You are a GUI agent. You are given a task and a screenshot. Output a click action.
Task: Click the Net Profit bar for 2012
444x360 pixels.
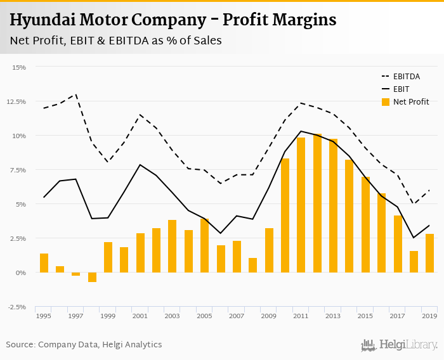pyautogui.click(x=317, y=203)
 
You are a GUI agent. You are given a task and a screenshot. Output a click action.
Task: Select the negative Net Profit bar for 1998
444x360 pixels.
pyautogui.click(x=92, y=277)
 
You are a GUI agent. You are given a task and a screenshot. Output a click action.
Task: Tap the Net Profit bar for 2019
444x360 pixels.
pyautogui.click(x=429, y=253)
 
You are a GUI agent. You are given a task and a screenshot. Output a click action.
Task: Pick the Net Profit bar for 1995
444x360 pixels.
pyautogui.click(x=44, y=263)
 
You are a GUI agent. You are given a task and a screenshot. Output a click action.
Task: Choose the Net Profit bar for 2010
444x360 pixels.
pyautogui.click(x=285, y=215)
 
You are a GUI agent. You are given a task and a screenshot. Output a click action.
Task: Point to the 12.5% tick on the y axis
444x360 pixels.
pyautogui.click(x=18, y=101)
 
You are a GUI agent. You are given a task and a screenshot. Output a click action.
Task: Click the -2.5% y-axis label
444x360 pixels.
pyautogui.click(x=18, y=307)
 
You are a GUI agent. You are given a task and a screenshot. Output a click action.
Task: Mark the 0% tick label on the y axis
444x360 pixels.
pyautogui.click(x=21, y=273)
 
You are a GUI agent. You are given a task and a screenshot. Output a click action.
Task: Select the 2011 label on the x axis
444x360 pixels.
pyautogui.click(x=301, y=316)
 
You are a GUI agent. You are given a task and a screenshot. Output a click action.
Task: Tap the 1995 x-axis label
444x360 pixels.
pyautogui.click(x=44, y=316)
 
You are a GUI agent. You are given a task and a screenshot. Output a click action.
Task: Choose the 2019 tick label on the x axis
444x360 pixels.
pyautogui.click(x=429, y=316)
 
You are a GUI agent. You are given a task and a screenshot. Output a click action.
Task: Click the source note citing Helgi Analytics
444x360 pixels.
pyautogui.click(x=84, y=345)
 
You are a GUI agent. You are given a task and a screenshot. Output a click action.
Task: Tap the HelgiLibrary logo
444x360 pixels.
pyautogui.click(x=399, y=345)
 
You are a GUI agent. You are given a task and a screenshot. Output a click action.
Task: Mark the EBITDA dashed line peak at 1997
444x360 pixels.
pyautogui.click(x=76, y=94)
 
